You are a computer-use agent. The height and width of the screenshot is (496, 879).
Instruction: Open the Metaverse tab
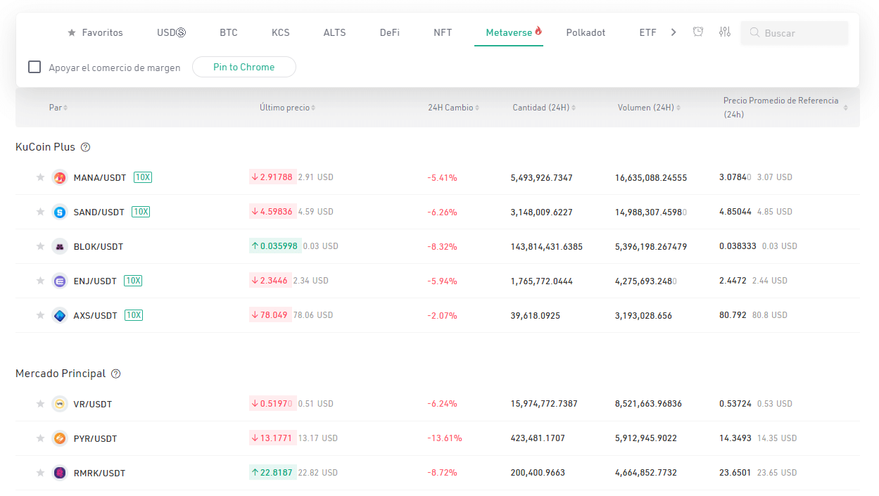click(x=509, y=32)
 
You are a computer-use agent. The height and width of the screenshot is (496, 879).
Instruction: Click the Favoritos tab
click(x=95, y=32)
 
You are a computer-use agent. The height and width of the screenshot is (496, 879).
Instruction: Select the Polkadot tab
click(x=586, y=32)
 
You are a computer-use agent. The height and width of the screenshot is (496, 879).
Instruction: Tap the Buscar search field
click(x=795, y=33)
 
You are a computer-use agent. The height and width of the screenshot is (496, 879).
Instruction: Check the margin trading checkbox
click(x=34, y=67)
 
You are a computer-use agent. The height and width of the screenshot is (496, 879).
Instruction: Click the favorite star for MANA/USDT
click(x=40, y=177)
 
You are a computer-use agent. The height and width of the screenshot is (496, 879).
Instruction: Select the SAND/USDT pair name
click(x=99, y=212)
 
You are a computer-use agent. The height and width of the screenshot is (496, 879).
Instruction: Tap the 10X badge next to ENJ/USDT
click(x=133, y=281)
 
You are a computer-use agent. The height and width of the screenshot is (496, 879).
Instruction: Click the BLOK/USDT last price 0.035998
click(x=275, y=246)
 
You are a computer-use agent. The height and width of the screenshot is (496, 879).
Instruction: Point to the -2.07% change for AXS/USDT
click(x=442, y=315)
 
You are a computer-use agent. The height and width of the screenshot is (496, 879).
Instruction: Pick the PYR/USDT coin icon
click(x=60, y=438)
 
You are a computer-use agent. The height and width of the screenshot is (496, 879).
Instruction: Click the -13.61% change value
click(x=445, y=438)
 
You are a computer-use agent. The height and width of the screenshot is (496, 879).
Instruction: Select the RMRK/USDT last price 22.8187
click(x=273, y=473)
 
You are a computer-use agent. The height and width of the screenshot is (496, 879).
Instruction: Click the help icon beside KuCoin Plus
click(x=85, y=147)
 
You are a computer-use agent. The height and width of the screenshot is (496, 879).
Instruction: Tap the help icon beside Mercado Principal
click(x=115, y=374)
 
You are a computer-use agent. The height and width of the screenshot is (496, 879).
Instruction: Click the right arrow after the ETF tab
click(x=674, y=32)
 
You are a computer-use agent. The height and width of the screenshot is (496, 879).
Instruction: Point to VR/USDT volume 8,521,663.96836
click(x=648, y=404)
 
